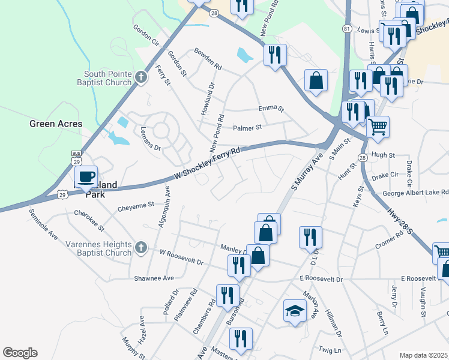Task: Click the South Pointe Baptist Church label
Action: [x=107, y=78]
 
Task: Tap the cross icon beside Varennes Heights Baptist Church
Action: [x=140, y=248]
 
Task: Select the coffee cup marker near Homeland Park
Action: [x=85, y=176]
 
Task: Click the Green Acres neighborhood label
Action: [x=56, y=124]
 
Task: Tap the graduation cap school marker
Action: [x=295, y=310]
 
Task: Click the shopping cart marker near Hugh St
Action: [x=378, y=127]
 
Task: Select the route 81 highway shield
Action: [x=347, y=29]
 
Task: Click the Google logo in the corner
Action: [x=20, y=353]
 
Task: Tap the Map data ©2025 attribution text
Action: [x=424, y=355]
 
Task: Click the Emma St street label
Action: [x=271, y=109]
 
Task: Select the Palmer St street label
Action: [x=248, y=128]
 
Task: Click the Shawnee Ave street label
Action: [x=154, y=278]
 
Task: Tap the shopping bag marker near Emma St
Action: [x=315, y=80]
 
